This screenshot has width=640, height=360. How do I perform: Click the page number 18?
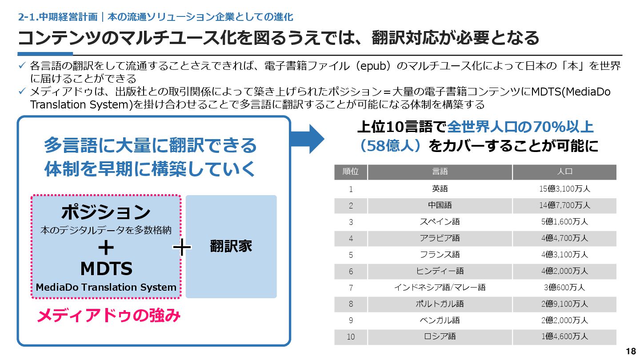click(x=631, y=351)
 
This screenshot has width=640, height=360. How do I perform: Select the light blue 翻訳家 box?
click(x=231, y=247)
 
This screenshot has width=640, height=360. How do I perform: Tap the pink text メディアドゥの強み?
click(x=108, y=316)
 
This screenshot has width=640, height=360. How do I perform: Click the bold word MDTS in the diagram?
click(x=106, y=268)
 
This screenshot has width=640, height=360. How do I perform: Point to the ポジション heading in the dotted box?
click(x=106, y=212)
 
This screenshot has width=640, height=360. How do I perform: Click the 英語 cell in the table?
click(x=440, y=189)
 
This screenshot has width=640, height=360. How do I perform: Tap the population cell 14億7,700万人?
click(x=564, y=205)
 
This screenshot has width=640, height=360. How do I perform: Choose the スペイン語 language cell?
click(x=440, y=222)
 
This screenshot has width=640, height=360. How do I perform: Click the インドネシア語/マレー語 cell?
click(x=440, y=288)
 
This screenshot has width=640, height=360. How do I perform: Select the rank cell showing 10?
click(x=351, y=337)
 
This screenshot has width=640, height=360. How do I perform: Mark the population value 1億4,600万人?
click(x=564, y=337)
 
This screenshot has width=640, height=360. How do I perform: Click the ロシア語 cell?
click(x=440, y=337)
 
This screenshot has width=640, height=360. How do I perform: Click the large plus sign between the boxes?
click(x=182, y=247)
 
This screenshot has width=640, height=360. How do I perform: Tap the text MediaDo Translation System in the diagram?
click(x=106, y=288)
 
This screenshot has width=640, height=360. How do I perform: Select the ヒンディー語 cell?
click(x=440, y=271)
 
